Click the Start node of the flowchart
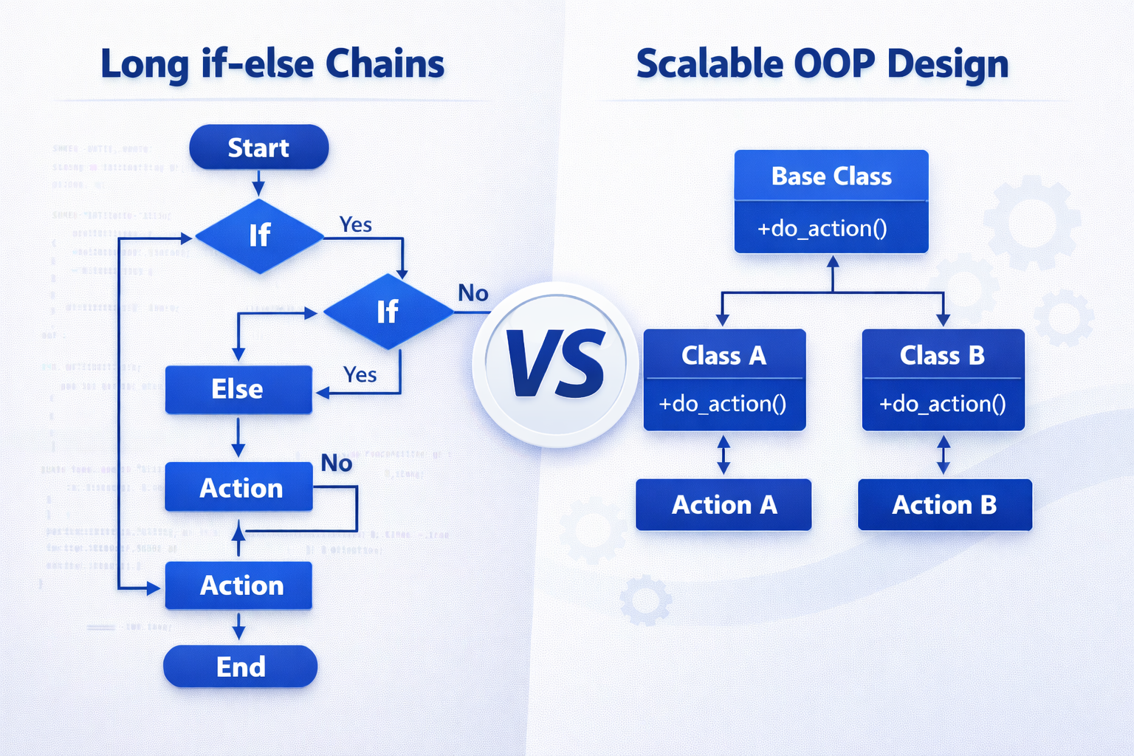pyautogui.click(x=258, y=148)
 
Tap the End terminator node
pyautogui.click(x=241, y=667)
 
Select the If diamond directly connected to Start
pyautogui.click(x=259, y=236)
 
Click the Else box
pyautogui.click(x=238, y=389)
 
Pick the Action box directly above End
pyautogui.click(x=239, y=585)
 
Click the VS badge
pyautogui.click(x=555, y=364)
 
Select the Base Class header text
pyautogui.click(x=831, y=176)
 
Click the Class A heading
pyautogui.click(x=724, y=356)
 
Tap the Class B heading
pyautogui.click(x=942, y=355)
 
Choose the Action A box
pyautogui.click(x=724, y=505)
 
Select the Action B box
pyautogui.click(x=944, y=505)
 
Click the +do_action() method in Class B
pyautogui.click(x=942, y=404)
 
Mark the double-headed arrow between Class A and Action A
pyautogui.click(x=724, y=455)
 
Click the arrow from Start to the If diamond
pyautogui.click(x=258, y=182)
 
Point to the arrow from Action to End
pyautogui.click(x=238, y=626)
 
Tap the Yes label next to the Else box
pyautogui.click(x=360, y=375)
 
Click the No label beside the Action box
pyautogui.click(x=337, y=463)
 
